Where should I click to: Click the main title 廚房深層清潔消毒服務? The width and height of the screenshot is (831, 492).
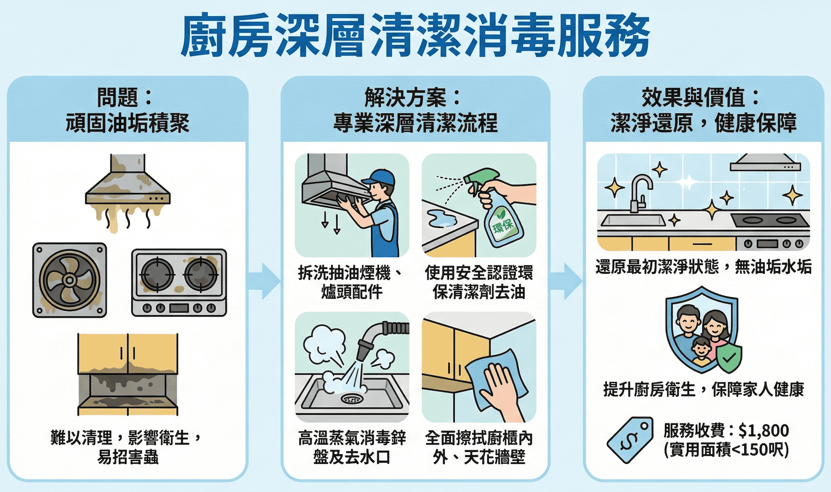tap(415, 35)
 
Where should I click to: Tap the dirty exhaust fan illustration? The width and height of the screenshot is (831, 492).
tap(70, 280)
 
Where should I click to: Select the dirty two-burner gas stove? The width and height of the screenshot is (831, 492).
tap(179, 283)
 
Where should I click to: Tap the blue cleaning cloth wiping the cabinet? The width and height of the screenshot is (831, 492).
tap(497, 380)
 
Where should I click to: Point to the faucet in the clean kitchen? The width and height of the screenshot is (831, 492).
tap(640, 193)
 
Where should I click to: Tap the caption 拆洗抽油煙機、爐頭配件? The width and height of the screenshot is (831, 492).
tap(352, 282)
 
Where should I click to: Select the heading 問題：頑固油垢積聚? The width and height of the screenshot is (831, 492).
tap(128, 110)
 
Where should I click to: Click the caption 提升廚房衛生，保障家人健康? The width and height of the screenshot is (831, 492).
tap(703, 389)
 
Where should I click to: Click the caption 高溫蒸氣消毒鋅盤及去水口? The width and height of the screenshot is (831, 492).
tap(352, 448)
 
